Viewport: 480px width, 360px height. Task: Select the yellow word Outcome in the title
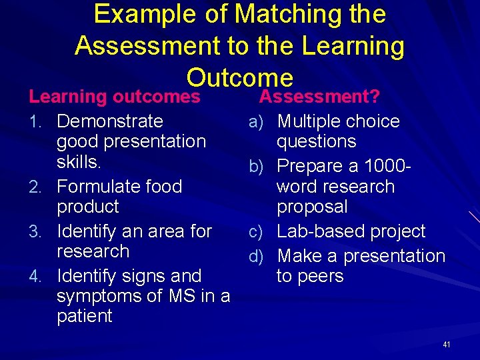pos(240,77)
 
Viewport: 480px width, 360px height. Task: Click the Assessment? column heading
pos(319,97)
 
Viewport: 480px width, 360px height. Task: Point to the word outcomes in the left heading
pos(157,97)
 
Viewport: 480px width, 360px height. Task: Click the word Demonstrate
pos(110,121)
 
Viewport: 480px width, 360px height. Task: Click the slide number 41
pos(447,345)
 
